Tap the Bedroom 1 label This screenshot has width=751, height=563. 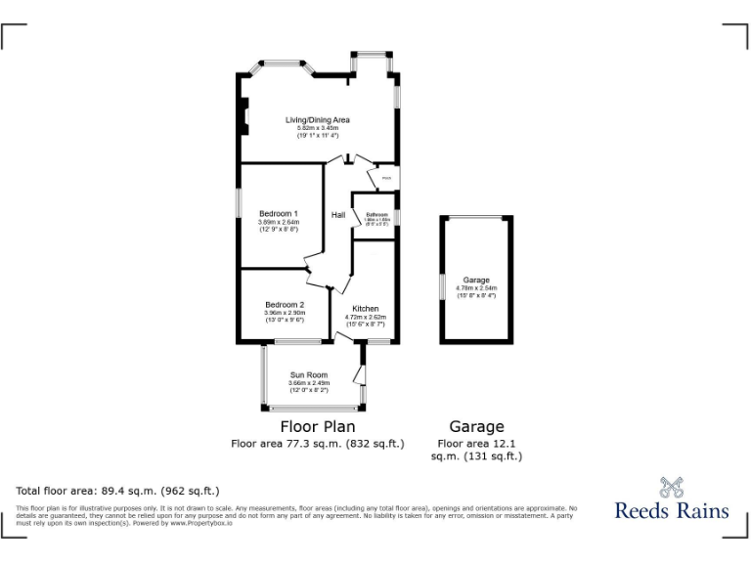point(278,213)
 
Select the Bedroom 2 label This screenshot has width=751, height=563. point(285,305)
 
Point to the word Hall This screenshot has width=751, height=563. point(338,215)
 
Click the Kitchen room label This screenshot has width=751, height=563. point(366,309)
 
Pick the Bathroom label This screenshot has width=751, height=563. point(377,214)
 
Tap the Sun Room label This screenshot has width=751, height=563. point(309,375)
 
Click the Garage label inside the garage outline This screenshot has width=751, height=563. point(476,281)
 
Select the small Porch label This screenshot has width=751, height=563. point(386,179)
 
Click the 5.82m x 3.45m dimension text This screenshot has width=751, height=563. point(317,128)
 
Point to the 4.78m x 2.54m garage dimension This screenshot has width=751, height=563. point(476,288)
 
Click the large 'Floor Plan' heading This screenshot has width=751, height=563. point(318,426)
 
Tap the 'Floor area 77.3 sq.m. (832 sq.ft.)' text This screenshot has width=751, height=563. point(318,443)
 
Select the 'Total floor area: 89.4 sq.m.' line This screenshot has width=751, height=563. point(117,491)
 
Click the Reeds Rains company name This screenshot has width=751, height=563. point(671,510)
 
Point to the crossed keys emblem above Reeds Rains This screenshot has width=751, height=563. point(671,486)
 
